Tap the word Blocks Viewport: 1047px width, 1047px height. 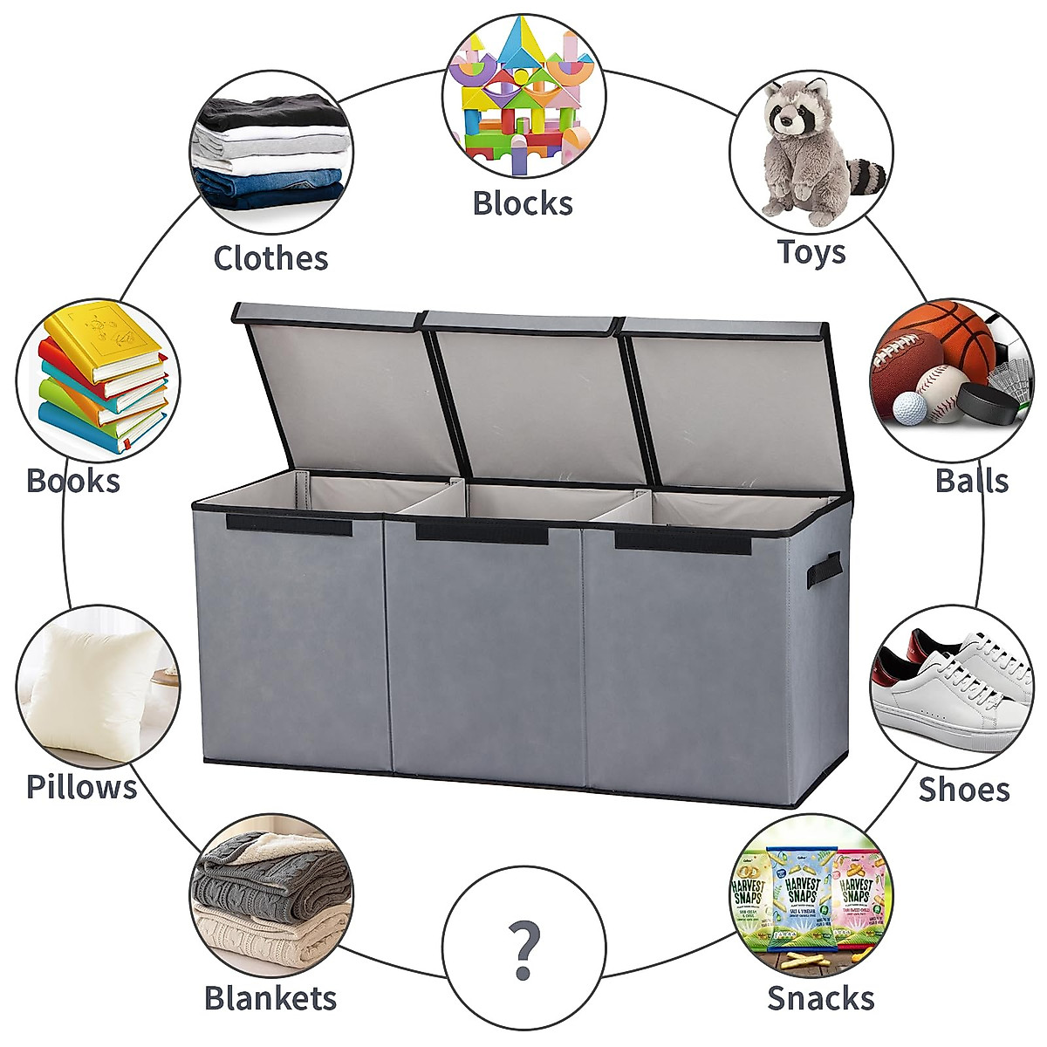[523, 203]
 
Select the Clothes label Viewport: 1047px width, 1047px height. [270, 258]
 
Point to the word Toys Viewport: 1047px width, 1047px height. [811, 252]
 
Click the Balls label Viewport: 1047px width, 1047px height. [971, 481]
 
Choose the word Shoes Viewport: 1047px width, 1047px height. [963, 790]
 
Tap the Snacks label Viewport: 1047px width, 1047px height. [820, 998]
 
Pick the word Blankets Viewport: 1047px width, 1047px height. [270, 998]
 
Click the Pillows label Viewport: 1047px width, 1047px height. [81, 787]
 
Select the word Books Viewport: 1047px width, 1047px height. [73, 481]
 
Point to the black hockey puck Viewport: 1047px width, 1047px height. [986, 403]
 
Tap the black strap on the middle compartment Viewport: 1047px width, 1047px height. [482, 531]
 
